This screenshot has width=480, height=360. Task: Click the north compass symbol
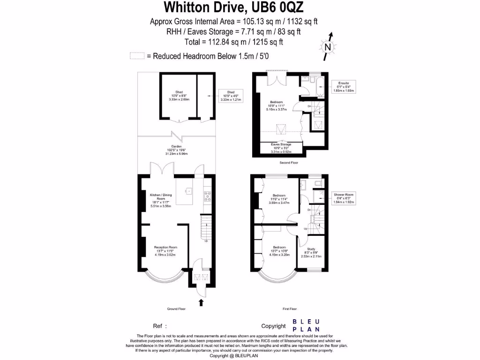tap(328, 46)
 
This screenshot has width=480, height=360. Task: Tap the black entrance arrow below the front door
tap(202, 302)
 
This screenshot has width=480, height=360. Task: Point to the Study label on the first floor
tap(311, 253)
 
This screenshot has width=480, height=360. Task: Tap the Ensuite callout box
tap(344, 87)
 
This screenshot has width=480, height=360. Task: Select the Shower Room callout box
tap(344, 198)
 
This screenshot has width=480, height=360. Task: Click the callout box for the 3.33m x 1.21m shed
tap(231, 96)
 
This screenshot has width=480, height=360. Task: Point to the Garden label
tap(176, 150)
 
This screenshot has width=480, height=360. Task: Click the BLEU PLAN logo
tap(306, 325)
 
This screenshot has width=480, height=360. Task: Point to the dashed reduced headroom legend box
tap(137, 56)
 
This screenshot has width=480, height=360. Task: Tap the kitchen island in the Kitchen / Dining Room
tap(189, 191)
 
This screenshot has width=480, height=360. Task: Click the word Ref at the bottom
tap(158, 326)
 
